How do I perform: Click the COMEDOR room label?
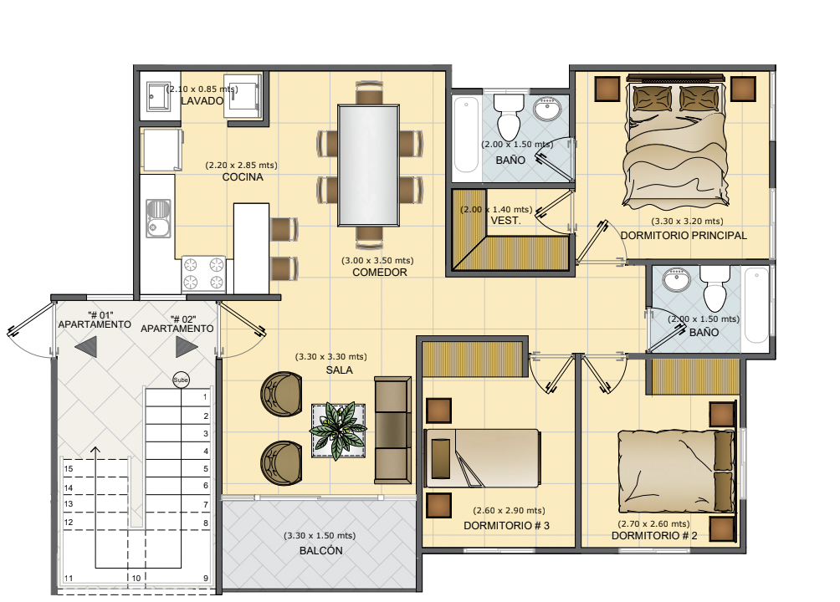[379, 272]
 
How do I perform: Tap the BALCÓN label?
[321, 551]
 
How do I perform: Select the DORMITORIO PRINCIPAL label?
[683, 235]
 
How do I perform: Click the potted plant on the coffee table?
[339, 430]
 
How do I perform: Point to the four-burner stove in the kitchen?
[203, 273]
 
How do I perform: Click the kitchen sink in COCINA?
[159, 218]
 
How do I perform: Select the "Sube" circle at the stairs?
[181, 380]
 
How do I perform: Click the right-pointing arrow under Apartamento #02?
[187, 347]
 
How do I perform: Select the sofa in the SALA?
[392, 430]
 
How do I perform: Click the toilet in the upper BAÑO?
[509, 118]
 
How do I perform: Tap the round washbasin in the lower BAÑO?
[677, 279]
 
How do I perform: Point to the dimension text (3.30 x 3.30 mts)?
[331, 357]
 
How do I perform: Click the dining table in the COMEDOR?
[369, 165]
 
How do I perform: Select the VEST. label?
[505, 220]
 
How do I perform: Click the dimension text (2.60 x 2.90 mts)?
[509, 510]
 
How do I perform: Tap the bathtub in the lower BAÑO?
[756, 305]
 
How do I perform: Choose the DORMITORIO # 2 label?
[654, 536]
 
